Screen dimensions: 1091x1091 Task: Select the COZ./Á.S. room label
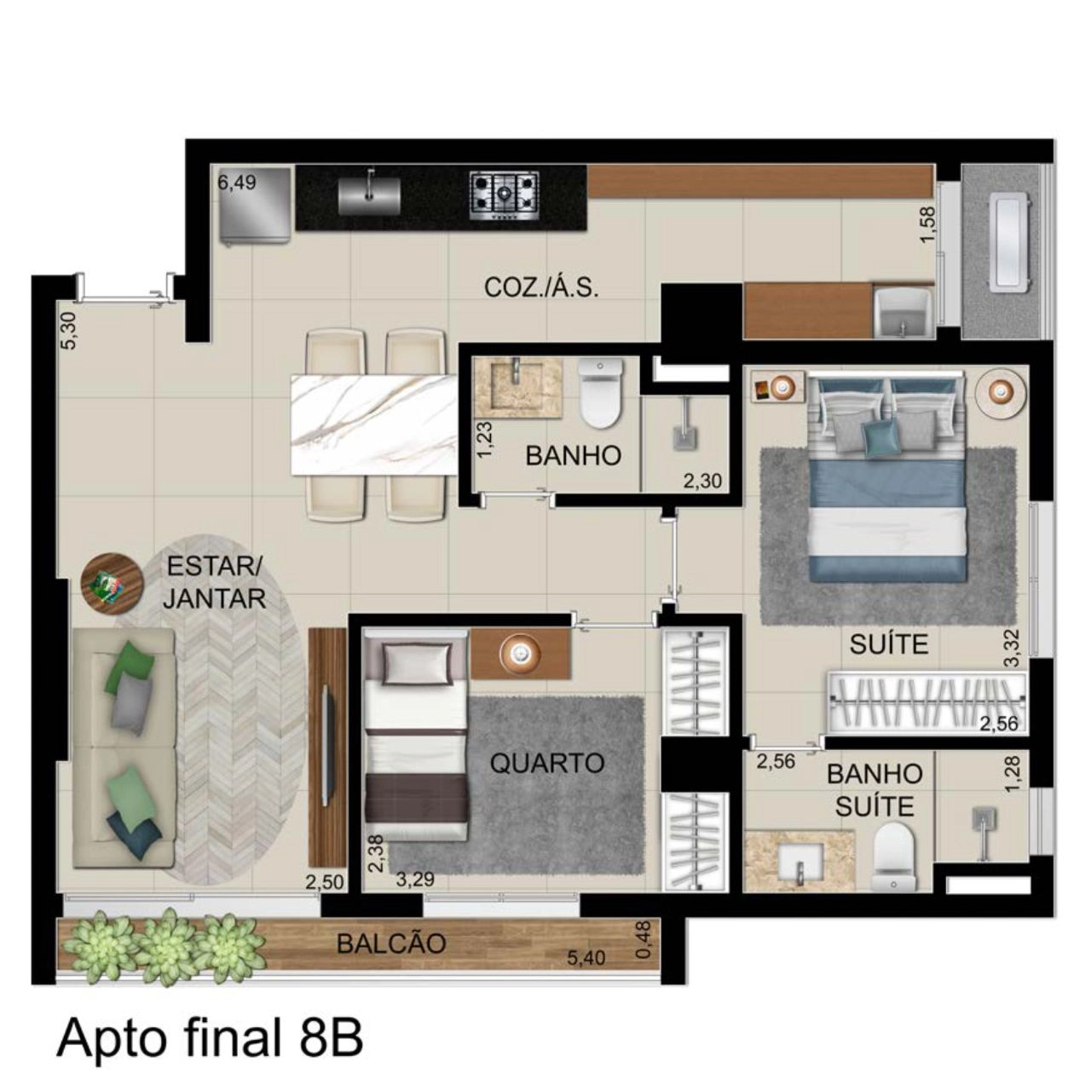tap(540, 288)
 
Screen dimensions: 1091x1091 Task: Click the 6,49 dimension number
tap(237, 182)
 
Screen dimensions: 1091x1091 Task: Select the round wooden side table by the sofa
tap(112, 583)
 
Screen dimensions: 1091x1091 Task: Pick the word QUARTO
tap(547, 763)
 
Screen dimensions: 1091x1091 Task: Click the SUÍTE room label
tap(889, 644)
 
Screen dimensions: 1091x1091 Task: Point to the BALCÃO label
tap(391, 944)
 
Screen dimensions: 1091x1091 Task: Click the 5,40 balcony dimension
tap(586, 958)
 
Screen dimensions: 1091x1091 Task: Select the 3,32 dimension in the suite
tap(1014, 649)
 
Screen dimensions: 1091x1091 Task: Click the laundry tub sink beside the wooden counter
tap(903, 313)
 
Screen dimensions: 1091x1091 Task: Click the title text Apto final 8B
tap(210, 1039)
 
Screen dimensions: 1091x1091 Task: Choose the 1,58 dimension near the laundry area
tap(928, 225)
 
